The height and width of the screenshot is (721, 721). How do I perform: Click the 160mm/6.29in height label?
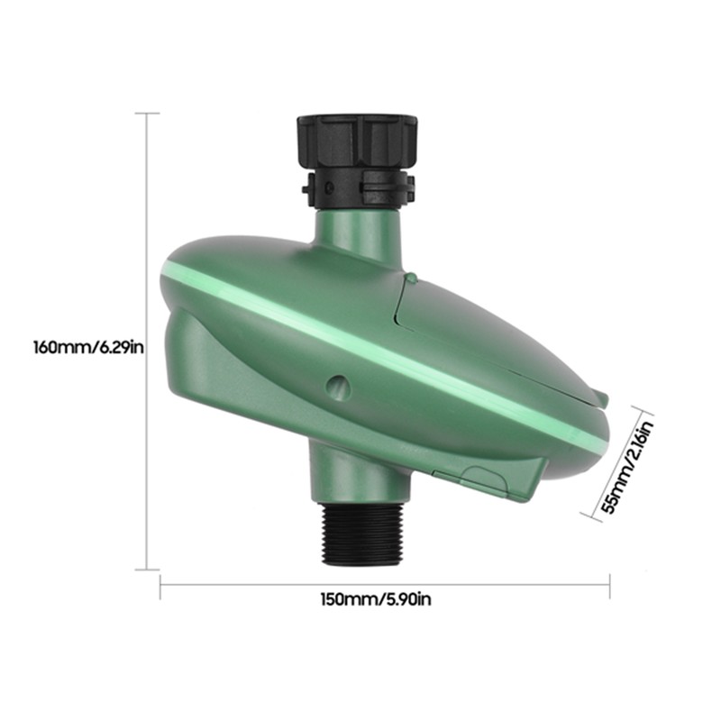[87, 346]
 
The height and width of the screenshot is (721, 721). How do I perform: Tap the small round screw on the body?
[337, 385]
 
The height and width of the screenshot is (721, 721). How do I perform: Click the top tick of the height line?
[147, 114]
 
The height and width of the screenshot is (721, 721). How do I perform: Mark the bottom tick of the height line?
[147, 569]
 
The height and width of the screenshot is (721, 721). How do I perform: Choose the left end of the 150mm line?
[160, 585]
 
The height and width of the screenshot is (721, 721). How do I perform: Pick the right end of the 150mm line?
[610, 585]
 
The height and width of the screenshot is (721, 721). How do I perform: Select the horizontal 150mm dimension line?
[270, 585]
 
